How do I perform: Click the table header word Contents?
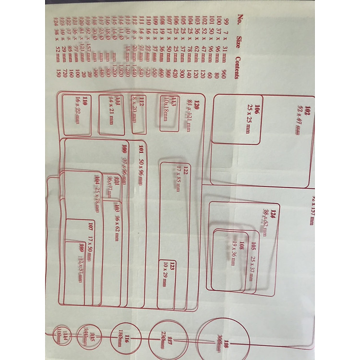(x=237, y=67)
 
